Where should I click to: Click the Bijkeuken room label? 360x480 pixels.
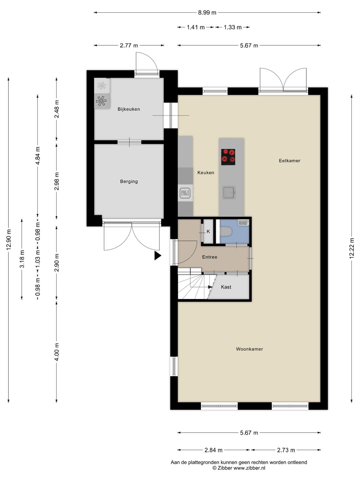pos(129,109)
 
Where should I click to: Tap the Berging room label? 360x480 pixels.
pos(129,181)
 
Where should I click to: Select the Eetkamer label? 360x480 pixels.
pos(289,161)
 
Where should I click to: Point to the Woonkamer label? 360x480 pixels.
pos(249,349)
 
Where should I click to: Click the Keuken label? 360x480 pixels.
pos(206,172)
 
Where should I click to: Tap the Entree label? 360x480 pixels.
pos(210,257)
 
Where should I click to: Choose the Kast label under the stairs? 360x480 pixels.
pos(226,287)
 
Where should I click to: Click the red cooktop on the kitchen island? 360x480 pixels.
pos(228,157)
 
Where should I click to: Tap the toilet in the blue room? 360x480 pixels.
pos(226,231)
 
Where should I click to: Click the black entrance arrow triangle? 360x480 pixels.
pos(157,256)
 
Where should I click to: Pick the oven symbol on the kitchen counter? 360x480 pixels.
pos(185,193)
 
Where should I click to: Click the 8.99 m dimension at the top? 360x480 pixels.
pos(207,13)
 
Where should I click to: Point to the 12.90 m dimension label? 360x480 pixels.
pos(9,240)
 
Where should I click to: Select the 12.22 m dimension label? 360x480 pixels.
pos(352,248)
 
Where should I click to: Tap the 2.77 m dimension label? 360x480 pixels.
pos(129,45)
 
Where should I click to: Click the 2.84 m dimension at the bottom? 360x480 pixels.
pos(213,450)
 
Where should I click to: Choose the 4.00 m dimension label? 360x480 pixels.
pos(57,352)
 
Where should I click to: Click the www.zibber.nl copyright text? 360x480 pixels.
pos(239,468)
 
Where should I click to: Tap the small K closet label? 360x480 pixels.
pos(208,231)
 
